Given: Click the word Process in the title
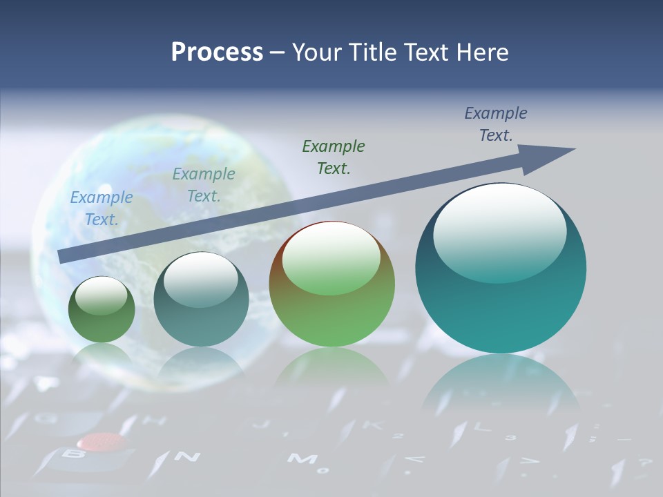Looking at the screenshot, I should (217, 52).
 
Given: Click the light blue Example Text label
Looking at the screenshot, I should (101, 208).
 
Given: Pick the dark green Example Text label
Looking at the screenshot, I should (334, 157).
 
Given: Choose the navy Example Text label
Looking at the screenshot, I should (496, 124).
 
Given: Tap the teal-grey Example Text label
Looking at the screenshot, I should (203, 185).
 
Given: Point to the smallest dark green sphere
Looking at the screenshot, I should (102, 310).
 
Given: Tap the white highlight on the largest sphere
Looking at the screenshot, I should (499, 231).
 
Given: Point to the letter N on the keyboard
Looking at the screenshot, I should (186, 456).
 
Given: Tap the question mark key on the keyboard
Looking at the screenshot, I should (645, 463).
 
